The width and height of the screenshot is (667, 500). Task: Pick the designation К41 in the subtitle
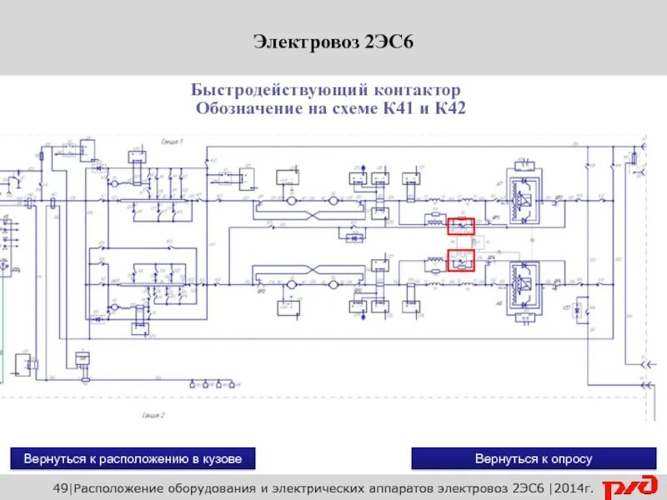(398, 108)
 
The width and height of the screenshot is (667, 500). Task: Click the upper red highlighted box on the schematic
(460, 226)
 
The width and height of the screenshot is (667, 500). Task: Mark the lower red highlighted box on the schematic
(460, 260)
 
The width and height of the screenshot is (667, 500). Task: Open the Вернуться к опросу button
(534, 459)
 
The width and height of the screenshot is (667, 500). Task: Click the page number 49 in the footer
(59, 488)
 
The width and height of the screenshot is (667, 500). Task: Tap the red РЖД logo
(630, 487)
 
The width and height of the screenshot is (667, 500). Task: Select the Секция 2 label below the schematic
(153, 414)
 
